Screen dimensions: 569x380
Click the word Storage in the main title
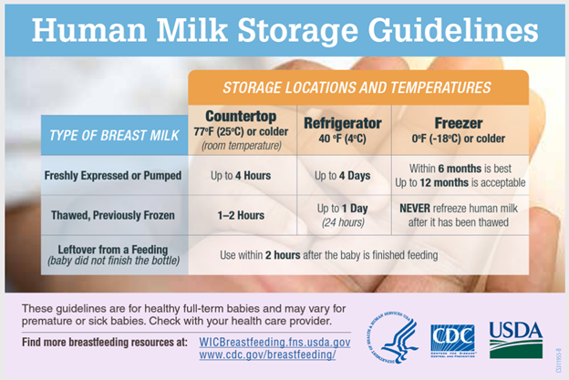pos(297,30)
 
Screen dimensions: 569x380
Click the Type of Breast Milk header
pos(114,135)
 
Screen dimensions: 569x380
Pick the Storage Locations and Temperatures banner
pos(357,87)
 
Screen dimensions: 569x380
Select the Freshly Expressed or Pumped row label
pos(113,176)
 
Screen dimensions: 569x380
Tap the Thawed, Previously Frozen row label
pos(113,215)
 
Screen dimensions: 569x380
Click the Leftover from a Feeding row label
pos(113,255)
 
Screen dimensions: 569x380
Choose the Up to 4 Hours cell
pos(241,176)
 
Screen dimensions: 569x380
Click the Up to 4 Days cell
pos(343,176)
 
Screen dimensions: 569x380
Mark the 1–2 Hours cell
pos(241,215)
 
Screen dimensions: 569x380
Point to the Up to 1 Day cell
pos(343,215)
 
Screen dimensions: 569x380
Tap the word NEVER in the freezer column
pos(415,209)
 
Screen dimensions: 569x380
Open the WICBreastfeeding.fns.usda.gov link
pos(274,343)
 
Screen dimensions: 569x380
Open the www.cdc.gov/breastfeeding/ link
pos(267,354)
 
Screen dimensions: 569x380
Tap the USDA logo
pos(516,340)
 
